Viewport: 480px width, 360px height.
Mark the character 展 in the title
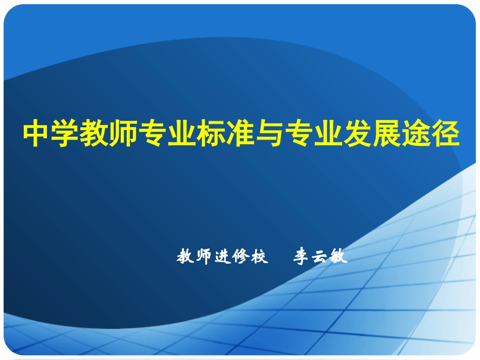click(389, 134)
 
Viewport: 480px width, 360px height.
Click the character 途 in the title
click(417, 134)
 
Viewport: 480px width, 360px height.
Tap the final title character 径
click(446, 134)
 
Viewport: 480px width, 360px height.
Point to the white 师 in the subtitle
click(203, 257)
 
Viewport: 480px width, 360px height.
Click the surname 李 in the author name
click(302, 257)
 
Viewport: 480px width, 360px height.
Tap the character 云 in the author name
click(321, 257)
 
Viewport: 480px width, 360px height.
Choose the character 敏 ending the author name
click(339, 257)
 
